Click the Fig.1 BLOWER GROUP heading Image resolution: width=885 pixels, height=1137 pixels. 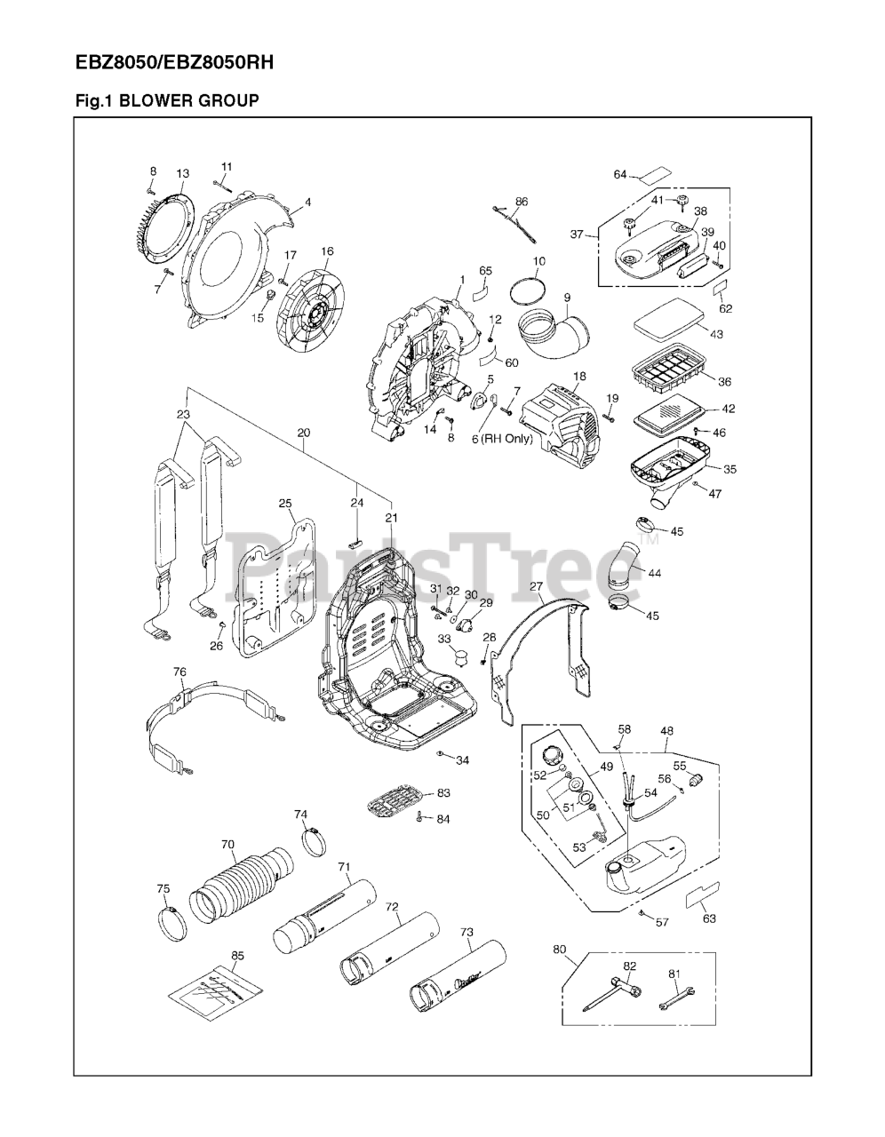pos(167,101)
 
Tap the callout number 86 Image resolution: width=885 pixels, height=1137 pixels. pos(522,202)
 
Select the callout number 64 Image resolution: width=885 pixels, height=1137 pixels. pos(620,175)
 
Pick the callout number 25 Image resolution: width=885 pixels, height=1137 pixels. pos(285,504)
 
